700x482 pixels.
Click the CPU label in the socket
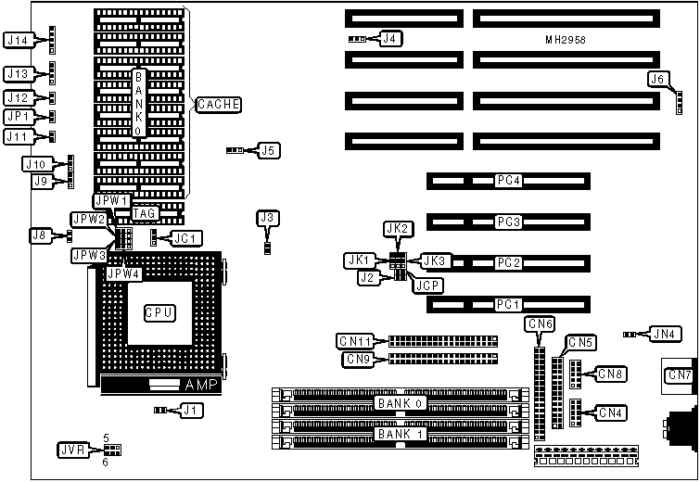point(159,312)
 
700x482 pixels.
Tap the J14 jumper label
point(19,39)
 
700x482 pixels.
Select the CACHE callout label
point(219,105)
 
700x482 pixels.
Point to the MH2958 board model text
point(566,42)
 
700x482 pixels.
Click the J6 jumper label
point(657,79)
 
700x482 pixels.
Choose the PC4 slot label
point(509,180)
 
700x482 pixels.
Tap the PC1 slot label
point(509,304)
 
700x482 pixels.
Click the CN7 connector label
point(680,374)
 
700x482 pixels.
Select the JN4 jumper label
point(662,334)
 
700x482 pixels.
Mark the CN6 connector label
point(539,323)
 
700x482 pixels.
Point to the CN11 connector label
point(356,341)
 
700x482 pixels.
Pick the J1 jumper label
point(190,409)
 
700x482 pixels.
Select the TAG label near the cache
point(145,213)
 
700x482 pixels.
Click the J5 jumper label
point(268,148)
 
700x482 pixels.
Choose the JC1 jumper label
point(186,238)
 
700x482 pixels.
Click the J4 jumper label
point(391,39)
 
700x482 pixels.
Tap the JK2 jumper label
point(396,228)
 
